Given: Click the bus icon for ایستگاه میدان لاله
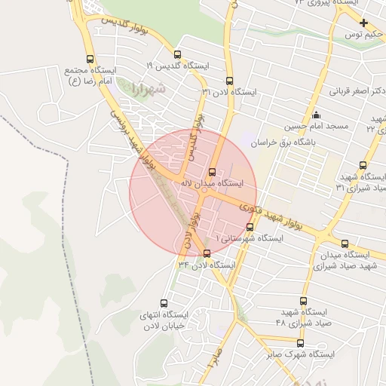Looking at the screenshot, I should pyautogui.click(x=212, y=172).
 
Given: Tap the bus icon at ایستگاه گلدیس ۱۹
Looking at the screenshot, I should pyautogui.click(x=177, y=54).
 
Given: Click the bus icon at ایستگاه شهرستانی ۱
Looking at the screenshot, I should pyautogui.click(x=250, y=226).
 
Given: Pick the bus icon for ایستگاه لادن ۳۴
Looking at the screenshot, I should pyautogui.click(x=207, y=253).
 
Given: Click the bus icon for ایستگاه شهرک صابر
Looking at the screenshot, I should pyautogui.click(x=300, y=343).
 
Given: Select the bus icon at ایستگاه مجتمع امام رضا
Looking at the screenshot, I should pyautogui.click(x=90, y=59).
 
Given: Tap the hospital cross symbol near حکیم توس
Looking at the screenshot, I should pyautogui.click(x=363, y=23).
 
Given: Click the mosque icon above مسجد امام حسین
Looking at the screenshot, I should pyautogui.click(x=315, y=115).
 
